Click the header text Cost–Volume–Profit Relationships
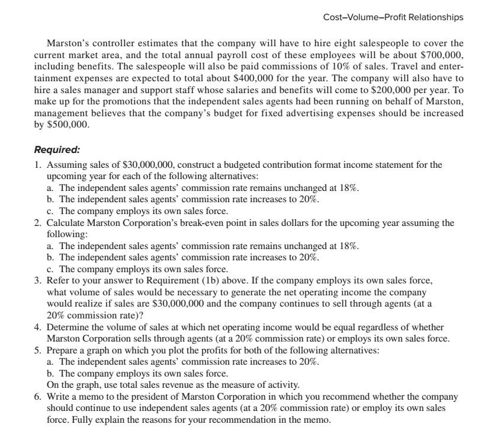click(x=393, y=17)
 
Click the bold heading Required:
click(x=57, y=150)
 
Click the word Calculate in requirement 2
click(x=65, y=223)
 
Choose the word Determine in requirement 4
click(x=67, y=327)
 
